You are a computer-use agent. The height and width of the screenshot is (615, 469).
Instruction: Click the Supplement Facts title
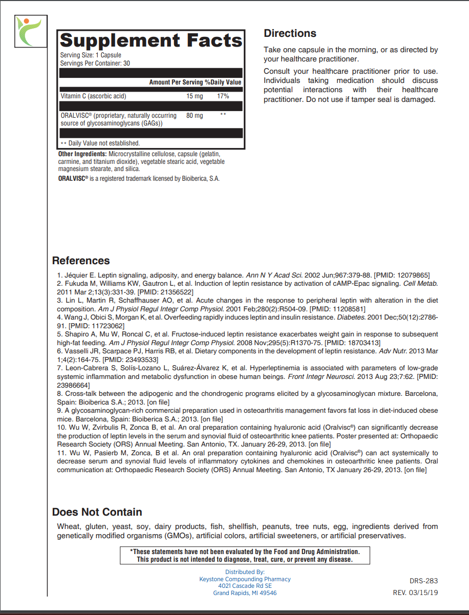(x=151, y=40)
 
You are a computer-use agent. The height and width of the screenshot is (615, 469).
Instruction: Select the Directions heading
(x=290, y=33)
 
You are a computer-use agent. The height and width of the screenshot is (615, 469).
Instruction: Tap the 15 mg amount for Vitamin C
(x=195, y=96)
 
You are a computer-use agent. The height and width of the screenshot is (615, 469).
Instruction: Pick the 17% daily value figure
(x=223, y=96)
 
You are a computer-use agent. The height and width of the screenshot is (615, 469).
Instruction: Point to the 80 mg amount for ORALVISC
(x=195, y=116)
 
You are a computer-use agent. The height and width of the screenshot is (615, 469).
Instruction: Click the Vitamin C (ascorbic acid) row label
(x=93, y=96)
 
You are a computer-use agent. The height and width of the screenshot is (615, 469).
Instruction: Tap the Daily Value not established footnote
(x=100, y=143)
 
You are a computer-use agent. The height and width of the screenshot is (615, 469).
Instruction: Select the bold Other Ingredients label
(x=82, y=154)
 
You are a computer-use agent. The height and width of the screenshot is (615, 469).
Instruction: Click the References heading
(x=81, y=261)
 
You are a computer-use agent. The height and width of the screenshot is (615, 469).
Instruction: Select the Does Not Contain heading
(x=97, y=512)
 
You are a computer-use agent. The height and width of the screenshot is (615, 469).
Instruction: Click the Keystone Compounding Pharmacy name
(x=245, y=579)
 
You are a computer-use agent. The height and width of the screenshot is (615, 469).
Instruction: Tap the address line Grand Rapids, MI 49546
(x=245, y=593)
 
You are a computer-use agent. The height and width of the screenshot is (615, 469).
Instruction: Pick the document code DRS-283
(x=424, y=581)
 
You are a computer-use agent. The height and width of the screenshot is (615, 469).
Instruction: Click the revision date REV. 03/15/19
(x=415, y=592)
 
